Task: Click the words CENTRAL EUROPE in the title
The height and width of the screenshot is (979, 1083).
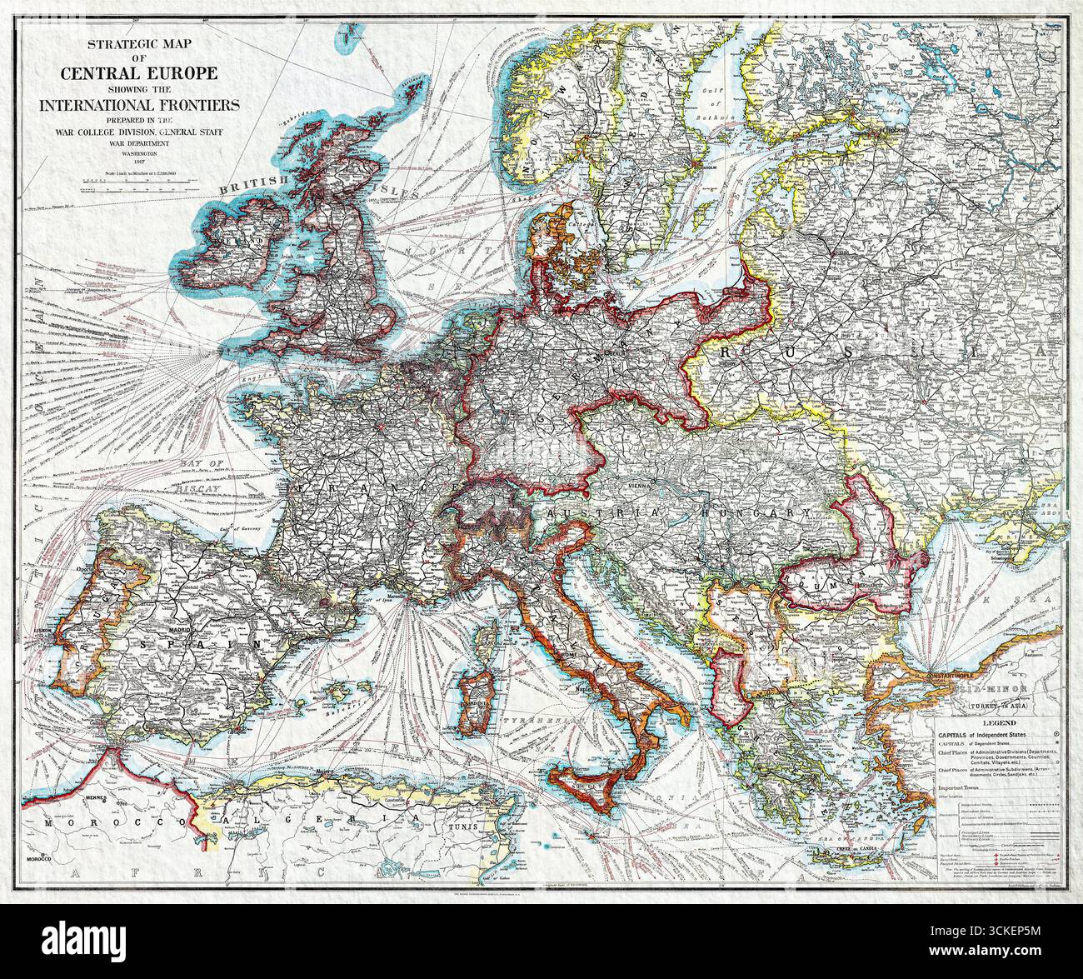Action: point(139,72)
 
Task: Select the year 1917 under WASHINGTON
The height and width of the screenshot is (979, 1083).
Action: point(139,161)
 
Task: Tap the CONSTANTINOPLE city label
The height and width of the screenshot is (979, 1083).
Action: point(931,669)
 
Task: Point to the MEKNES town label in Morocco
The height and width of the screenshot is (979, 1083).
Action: point(97,797)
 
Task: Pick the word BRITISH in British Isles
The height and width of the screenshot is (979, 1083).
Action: point(253,183)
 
